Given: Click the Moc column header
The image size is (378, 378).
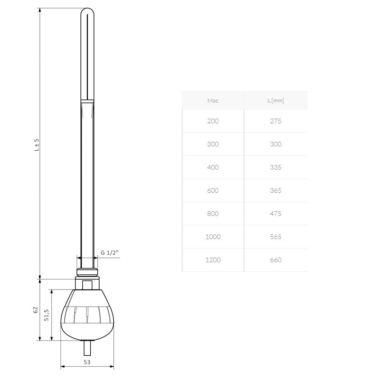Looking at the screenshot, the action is coord(213,101).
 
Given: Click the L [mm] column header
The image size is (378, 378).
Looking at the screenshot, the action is coord(275,101).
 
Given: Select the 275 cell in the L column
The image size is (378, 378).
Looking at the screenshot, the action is coord(275,121).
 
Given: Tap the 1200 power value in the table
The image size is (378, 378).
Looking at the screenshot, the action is coord(213,260).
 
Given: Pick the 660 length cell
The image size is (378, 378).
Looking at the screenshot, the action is coord(275,260).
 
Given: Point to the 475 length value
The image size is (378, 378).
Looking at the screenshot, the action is coord(275,214).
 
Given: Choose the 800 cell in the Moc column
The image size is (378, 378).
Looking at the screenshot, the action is coord(213,214).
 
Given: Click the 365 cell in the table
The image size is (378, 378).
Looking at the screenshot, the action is coord(275,190).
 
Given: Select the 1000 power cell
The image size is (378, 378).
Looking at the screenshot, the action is coord(213,237).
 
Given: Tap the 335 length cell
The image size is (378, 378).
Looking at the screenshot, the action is coord(275,167).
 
